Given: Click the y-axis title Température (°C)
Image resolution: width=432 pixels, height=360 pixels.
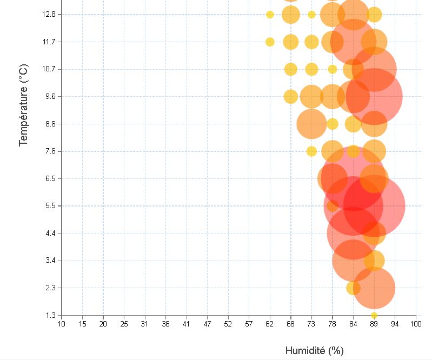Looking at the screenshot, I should (23, 105).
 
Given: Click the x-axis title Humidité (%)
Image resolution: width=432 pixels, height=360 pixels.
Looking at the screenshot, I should (314, 350).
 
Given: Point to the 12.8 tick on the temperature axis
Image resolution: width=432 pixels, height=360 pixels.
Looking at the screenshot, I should (48, 15).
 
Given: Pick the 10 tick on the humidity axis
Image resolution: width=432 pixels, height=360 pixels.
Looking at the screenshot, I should (62, 324).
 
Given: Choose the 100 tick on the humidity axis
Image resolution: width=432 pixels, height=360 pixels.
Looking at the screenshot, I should (416, 324).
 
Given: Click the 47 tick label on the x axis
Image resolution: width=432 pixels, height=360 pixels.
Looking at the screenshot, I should (207, 324).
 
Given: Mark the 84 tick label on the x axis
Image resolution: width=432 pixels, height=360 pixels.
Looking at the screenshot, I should (353, 324).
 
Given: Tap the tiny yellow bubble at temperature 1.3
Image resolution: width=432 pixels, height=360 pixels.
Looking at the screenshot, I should (374, 316).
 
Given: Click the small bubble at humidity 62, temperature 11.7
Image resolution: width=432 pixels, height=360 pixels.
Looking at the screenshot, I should (270, 42).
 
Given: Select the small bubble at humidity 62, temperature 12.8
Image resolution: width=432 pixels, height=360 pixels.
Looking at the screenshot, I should (270, 15).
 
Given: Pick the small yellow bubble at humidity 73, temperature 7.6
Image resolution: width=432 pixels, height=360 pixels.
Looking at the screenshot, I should (311, 151).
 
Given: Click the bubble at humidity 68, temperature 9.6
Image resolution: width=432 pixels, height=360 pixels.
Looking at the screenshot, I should (291, 97).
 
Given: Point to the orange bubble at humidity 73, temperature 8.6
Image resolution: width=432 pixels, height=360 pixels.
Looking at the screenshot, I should (311, 124).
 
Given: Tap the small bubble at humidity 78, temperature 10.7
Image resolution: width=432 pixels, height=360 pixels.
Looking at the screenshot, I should (333, 69).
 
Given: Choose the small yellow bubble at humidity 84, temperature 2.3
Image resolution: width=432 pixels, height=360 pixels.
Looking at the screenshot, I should (353, 288).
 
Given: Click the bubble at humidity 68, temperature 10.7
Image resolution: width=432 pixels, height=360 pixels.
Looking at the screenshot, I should (291, 69).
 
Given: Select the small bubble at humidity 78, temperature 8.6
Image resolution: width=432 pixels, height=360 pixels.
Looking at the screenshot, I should (333, 124).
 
